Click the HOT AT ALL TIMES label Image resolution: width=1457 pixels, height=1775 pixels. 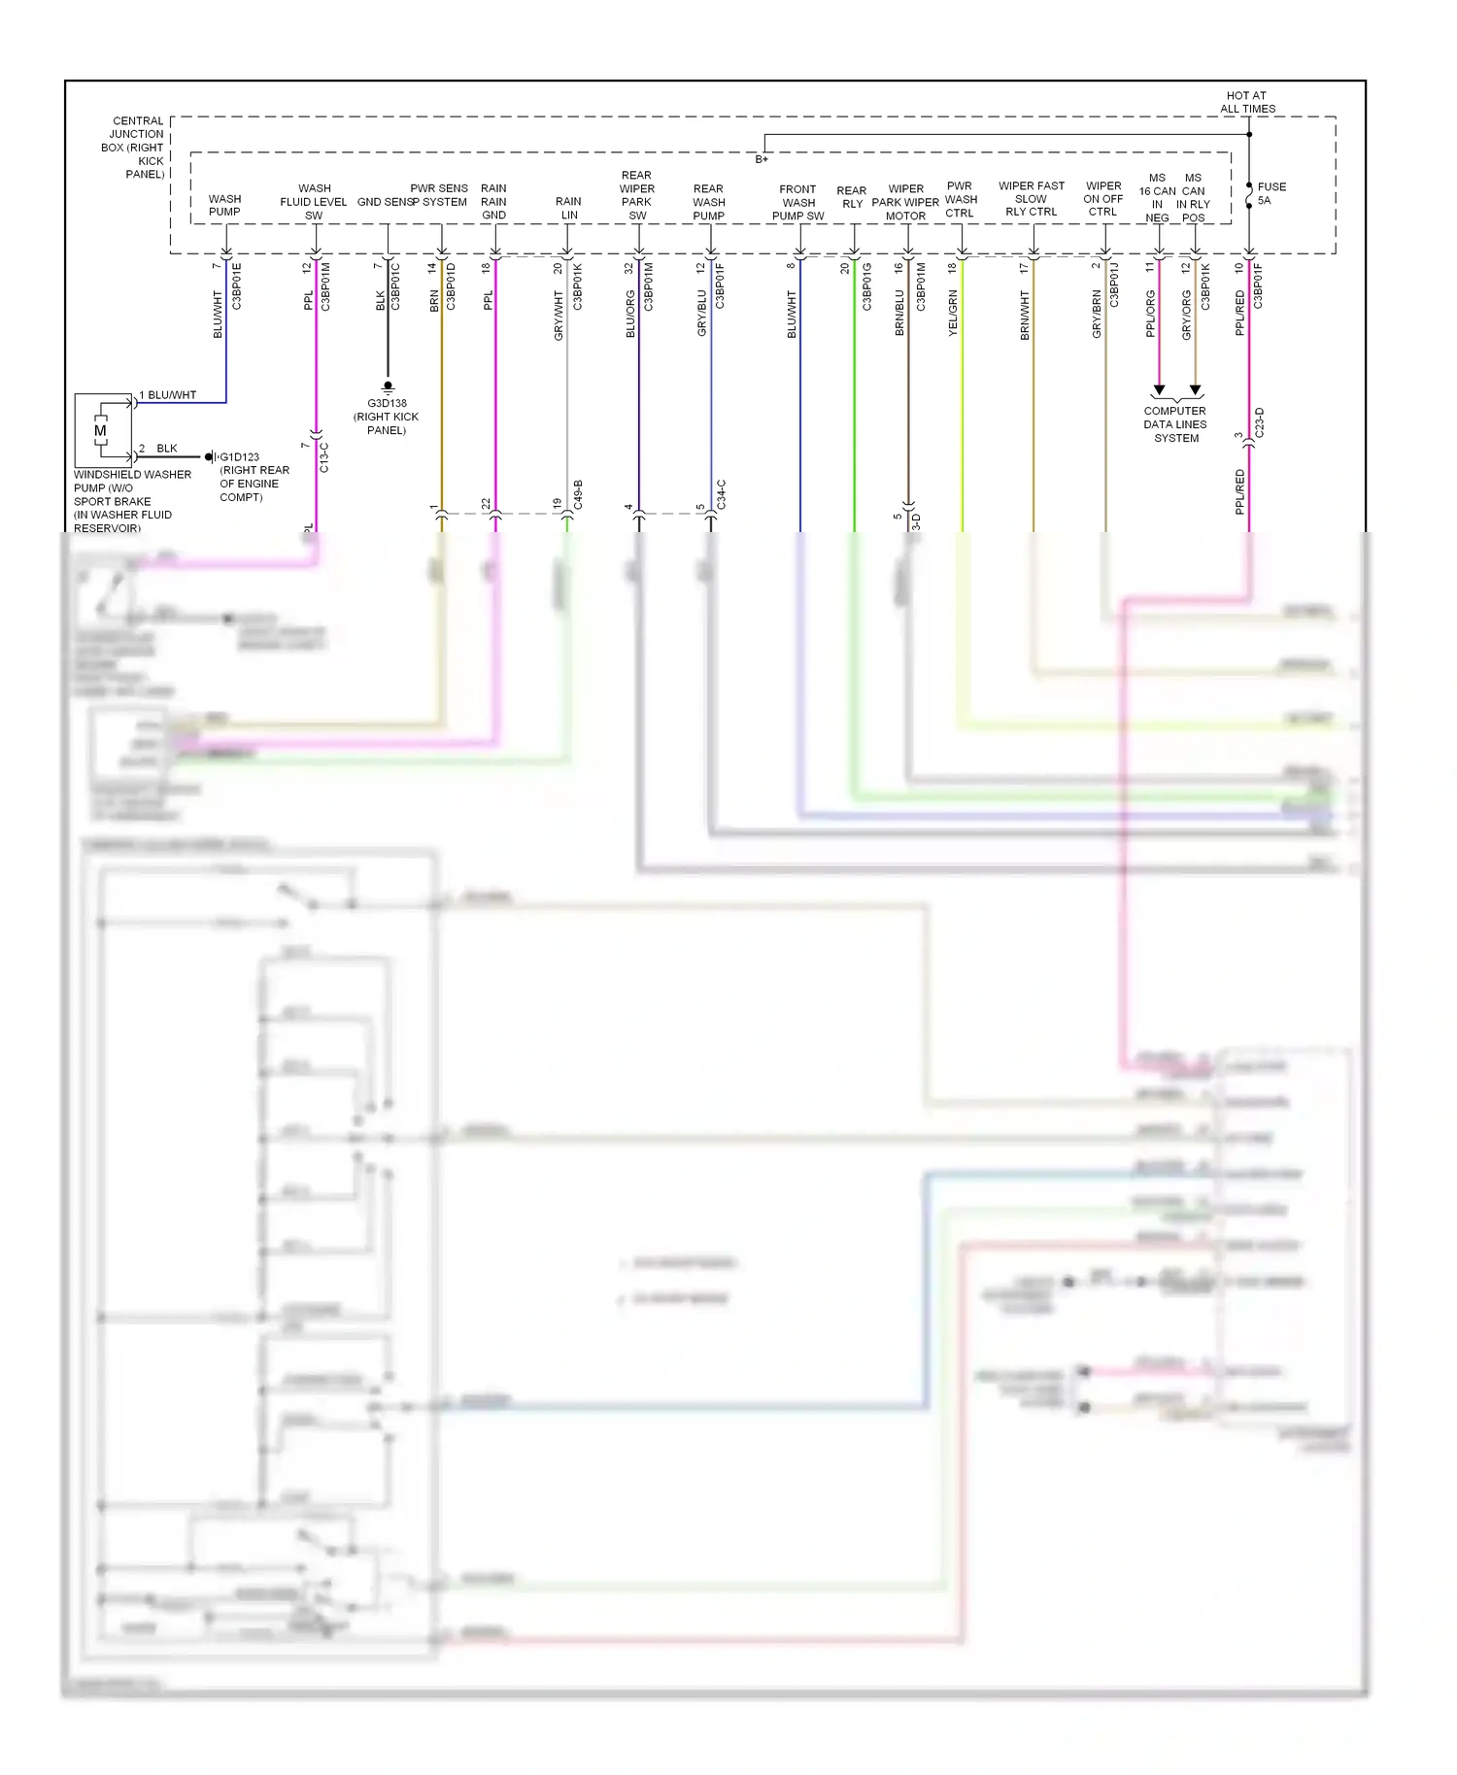(1247, 102)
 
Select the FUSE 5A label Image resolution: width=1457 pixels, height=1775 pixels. (1271, 193)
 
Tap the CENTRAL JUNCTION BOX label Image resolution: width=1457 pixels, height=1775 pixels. (135, 148)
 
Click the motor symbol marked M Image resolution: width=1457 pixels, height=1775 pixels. (100, 430)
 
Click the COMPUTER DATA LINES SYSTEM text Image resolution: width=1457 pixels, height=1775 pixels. (1175, 424)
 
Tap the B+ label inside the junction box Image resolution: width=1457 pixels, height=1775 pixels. (762, 159)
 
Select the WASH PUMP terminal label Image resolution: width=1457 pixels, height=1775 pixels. (224, 205)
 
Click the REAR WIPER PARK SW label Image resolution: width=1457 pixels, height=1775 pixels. (637, 196)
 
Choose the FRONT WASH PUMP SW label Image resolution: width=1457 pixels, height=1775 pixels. (797, 203)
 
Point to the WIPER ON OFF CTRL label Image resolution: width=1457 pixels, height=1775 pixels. (1103, 199)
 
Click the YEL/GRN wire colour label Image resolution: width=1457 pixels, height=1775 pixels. (953, 313)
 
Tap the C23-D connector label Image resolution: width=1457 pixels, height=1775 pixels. (1260, 422)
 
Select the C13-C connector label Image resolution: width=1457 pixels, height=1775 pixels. (324, 457)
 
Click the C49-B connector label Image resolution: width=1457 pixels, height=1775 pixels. (578, 494)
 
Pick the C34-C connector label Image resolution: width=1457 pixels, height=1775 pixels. (721, 494)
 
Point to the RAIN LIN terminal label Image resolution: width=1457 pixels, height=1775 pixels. (569, 208)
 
